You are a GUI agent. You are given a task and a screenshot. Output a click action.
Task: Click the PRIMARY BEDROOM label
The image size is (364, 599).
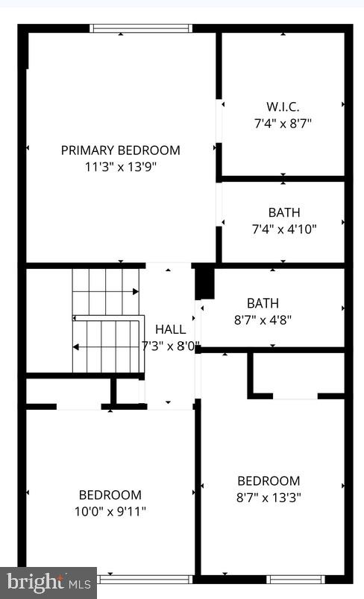(120, 150)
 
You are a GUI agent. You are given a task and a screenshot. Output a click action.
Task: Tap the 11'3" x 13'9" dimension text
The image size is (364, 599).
(120, 166)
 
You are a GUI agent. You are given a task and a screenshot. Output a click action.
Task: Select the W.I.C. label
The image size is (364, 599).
(283, 106)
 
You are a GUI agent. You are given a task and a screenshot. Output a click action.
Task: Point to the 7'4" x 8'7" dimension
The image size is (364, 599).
(283, 122)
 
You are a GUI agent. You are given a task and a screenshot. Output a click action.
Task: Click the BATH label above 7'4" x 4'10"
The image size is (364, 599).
(283, 212)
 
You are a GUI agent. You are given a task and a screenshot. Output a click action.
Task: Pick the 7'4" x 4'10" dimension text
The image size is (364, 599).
(283, 229)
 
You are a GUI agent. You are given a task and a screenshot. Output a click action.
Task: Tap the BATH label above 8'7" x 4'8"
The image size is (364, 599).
(263, 303)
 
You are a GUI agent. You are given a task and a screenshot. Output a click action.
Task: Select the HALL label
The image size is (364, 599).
(171, 329)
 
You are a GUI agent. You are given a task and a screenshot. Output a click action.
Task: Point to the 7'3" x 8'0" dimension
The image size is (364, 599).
(171, 346)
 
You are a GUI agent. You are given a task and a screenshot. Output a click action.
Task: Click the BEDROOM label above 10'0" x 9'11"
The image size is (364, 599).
(110, 495)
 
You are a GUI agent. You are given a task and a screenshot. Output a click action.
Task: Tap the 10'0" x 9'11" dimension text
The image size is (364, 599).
(110, 511)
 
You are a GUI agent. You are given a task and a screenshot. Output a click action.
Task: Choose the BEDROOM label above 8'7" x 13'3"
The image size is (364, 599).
(269, 481)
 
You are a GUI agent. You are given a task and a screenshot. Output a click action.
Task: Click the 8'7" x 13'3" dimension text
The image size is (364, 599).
(269, 497)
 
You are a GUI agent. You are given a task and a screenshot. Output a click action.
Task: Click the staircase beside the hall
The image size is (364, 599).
(107, 320)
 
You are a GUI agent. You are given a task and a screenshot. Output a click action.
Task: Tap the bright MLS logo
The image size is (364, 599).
(48, 582)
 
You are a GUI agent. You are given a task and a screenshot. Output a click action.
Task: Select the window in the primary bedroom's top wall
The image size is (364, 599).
(141, 28)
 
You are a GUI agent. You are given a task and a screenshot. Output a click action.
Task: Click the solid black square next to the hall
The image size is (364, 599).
(204, 283)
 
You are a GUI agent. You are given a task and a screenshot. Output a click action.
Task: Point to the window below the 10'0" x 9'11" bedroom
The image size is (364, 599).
(145, 579)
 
